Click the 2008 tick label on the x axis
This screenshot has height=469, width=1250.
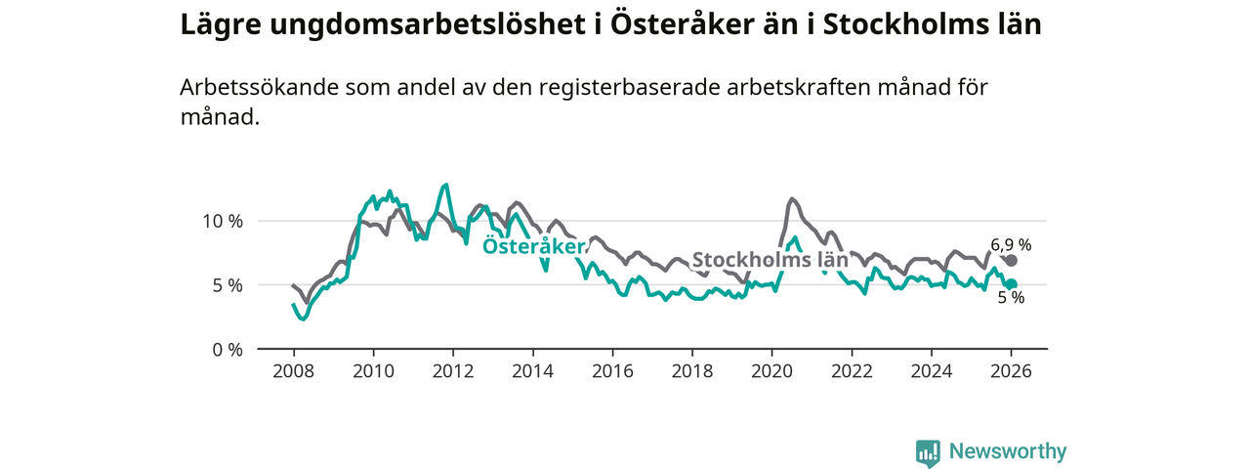tap(292, 371)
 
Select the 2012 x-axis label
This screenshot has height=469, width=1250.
tap(452, 371)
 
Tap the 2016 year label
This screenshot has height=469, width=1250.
tap(612, 371)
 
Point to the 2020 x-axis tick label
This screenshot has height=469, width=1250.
tap(771, 371)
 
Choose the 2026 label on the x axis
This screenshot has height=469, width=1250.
tap(1012, 371)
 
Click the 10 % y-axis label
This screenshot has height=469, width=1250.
tap(223, 221)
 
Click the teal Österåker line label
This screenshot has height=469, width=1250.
tap(533, 246)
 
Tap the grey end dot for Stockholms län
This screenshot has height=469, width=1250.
tap(1012, 261)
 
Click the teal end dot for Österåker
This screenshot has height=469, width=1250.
tap(1012, 284)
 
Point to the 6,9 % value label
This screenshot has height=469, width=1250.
tap(1011, 244)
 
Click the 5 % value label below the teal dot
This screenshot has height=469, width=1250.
tap(1011, 299)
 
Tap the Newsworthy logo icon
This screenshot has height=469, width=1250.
tap(928, 452)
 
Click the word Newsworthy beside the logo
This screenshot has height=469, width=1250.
tap(1008, 451)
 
